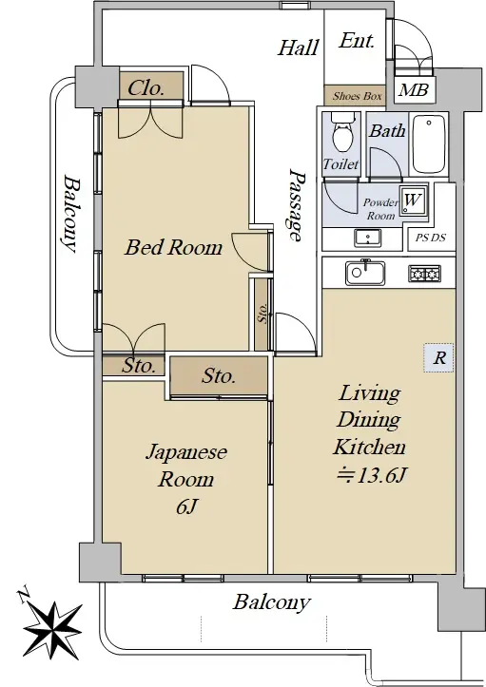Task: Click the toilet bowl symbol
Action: pos(340,133)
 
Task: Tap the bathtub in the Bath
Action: pos(430,144)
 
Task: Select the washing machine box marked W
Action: pos(413,200)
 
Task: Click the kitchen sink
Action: pos(365,273)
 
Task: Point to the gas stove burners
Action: pos(424,274)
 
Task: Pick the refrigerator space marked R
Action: pos(438,358)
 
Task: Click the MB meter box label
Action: pos(414,90)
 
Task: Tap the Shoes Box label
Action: pos(357,96)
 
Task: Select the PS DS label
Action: pos(430,238)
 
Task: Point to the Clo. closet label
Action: pos(146,88)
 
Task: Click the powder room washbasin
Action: pos(367,239)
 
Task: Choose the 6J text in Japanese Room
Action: pos(186,506)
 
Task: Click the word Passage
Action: pos(297,205)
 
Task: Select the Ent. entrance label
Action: pos(357,41)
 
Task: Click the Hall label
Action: pos(299,48)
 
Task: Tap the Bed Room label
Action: pos(174,247)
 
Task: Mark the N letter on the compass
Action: pos(23,595)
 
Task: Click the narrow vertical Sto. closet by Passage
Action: pos(262,315)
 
